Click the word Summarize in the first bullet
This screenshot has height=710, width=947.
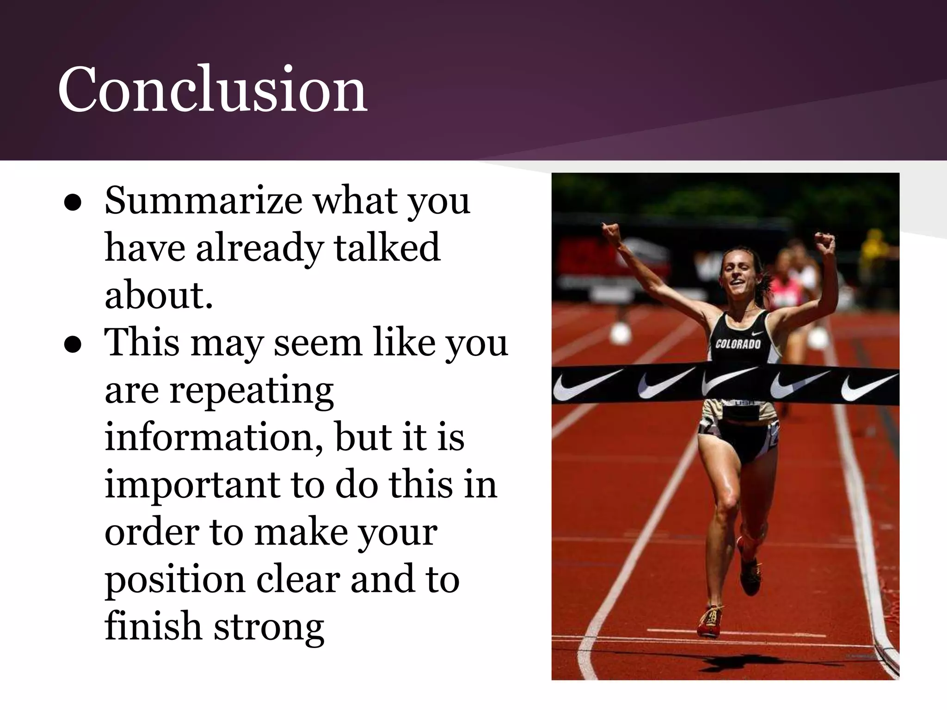click(x=203, y=201)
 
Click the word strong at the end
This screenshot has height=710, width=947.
click(x=269, y=627)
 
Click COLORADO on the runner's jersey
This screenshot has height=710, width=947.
click(x=738, y=344)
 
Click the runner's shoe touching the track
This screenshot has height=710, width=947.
click(x=710, y=622)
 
